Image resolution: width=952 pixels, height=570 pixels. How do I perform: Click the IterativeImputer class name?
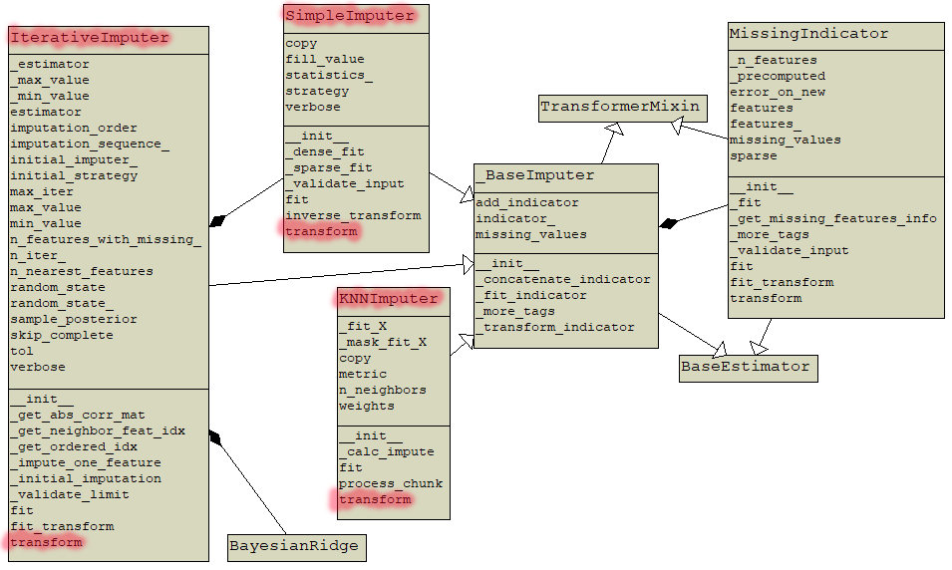pyautogui.click(x=90, y=38)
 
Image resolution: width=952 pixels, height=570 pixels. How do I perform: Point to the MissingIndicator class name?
pyautogui.click(x=808, y=34)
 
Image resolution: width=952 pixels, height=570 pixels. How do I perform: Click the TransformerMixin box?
pyautogui.click(x=621, y=107)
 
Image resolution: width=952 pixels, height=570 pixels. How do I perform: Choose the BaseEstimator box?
pyautogui.click(x=746, y=367)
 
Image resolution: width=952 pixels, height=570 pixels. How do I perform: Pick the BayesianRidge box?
pyautogui.click(x=293, y=546)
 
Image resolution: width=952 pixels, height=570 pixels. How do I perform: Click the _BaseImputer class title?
pyautogui.click(x=535, y=175)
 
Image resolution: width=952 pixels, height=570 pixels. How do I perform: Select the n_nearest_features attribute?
pyautogui.click(x=82, y=271)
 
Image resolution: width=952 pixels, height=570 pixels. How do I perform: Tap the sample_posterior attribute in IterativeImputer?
pyautogui.click(x=74, y=319)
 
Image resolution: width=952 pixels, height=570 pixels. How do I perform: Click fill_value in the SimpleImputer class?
pyautogui.click(x=325, y=60)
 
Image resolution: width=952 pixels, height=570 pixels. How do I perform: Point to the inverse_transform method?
pyautogui.click(x=353, y=215)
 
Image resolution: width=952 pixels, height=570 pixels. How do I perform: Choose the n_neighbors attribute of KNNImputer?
pyautogui.click(x=382, y=391)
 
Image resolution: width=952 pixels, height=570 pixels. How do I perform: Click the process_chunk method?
pyautogui.click(x=391, y=484)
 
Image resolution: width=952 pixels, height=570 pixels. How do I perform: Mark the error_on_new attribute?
pyautogui.click(x=778, y=92)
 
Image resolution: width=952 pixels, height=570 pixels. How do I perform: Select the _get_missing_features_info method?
pyautogui.click(x=833, y=219)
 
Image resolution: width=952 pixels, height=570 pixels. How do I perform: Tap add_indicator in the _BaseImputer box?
pyautogui.click(x=526, y=203)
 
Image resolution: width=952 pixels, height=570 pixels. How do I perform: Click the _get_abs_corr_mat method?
pyautogui.click(x=78, y=415)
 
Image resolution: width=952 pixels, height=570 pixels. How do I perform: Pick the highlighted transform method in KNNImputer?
pyautogui.click(x=375, y=500)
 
